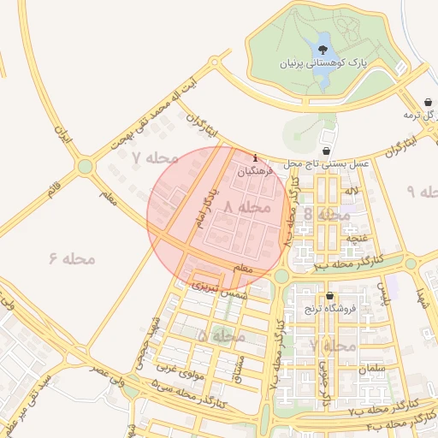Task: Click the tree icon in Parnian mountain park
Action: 323,49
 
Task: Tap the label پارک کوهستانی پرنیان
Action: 316,64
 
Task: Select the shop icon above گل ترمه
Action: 427,102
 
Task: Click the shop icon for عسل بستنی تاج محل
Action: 327,151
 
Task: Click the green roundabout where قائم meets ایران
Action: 85,167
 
